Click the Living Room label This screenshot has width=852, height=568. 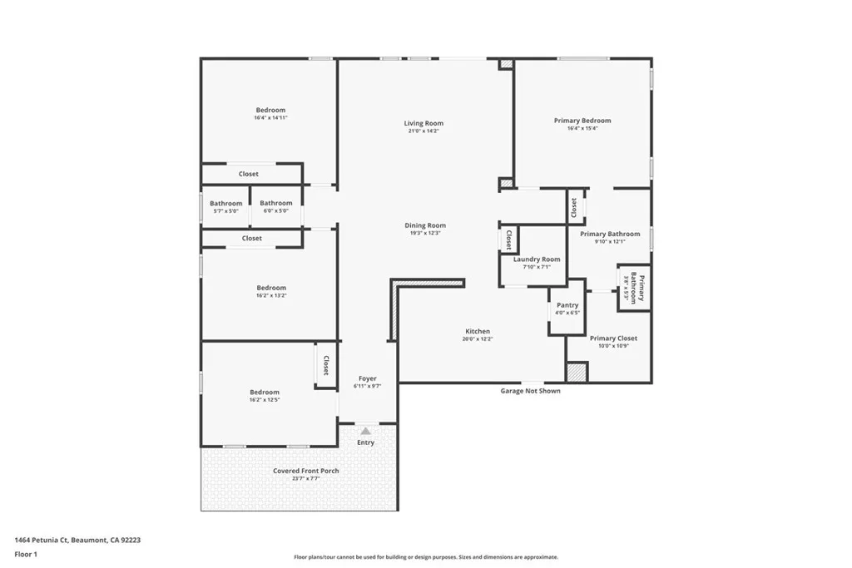pos(424,123)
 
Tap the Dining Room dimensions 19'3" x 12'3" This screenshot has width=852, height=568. pos(424,233)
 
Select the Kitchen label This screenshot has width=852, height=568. pos(478,331)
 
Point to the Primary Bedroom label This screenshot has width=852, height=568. pos(582,121)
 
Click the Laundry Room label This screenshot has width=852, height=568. pos(537,259)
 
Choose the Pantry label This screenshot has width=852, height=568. pos(567,305)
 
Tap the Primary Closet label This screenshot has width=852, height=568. pos(614,338)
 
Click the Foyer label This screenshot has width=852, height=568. pos(367,378)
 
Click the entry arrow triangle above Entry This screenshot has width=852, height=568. pos(366,431)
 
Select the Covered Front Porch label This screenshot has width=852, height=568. pos(306,471)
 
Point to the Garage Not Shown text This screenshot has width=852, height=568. pos(530,391)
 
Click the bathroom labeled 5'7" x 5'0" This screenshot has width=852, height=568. pos(225,203)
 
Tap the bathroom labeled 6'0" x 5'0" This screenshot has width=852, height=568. pos(276,203)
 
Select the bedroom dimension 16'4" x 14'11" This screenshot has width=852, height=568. pos(270,118)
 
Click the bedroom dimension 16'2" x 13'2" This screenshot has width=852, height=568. pos(270,295)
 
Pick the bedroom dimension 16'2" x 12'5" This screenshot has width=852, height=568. pos(265,400)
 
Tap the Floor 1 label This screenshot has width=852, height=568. pos(26,554)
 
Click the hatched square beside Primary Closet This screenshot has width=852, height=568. pos(577,372)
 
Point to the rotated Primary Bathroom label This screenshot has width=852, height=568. pos(637,288)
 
